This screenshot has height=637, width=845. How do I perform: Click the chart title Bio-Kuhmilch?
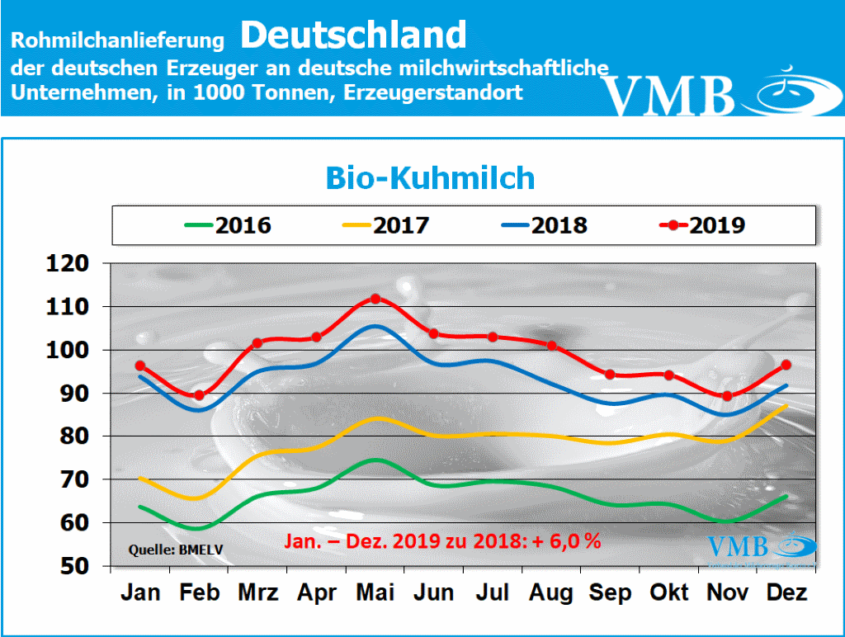(x=430, y=177)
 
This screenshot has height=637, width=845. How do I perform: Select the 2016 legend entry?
(x=227, y=225)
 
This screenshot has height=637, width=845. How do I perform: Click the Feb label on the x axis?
(x=198, y=592)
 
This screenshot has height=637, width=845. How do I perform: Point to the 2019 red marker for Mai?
(x=375, y=299)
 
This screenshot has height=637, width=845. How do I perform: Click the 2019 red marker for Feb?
(x=199, y=395)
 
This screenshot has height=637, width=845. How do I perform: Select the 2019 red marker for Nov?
(x=727, y=396)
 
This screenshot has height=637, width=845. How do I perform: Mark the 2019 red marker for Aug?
(x=552, y=346)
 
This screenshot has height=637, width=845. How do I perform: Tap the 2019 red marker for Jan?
(x=140, y=366)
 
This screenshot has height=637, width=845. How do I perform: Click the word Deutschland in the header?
(x=354, y=35)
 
